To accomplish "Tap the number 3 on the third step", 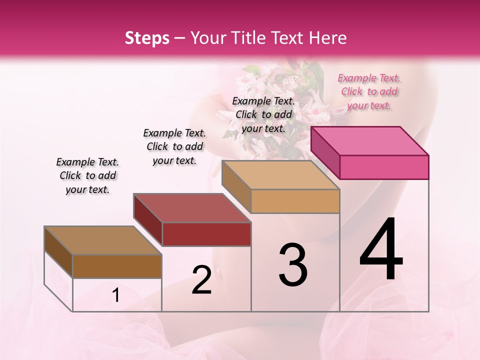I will [x=293, y=265].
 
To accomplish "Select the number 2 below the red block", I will [x=201, y=280].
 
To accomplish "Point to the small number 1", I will [x=116, y=295].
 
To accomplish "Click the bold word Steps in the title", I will [x=147, y=38].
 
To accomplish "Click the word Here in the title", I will [x=328, y=38].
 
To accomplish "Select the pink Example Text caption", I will [x=369, y=91].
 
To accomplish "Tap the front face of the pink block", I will [x=384, y=167].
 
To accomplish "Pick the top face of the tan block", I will [x=280, y=175].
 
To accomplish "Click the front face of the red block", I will [x=206, y=234].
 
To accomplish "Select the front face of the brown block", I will [x=117, y=266].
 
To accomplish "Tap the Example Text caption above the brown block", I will [x=87, y=176].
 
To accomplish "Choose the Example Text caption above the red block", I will [x=174, y=146].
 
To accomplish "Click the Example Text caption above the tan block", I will [x=263, y=114].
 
